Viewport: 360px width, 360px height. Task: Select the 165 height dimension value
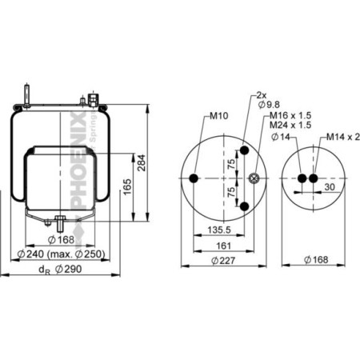(126, 186)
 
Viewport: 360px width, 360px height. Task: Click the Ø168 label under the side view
(62, 239)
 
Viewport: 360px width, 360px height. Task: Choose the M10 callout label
(218, 115)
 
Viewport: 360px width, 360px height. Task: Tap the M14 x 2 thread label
(342, 137)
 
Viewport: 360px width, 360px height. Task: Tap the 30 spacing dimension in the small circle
(330, 187)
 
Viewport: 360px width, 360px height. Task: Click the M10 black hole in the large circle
(195, 178)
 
